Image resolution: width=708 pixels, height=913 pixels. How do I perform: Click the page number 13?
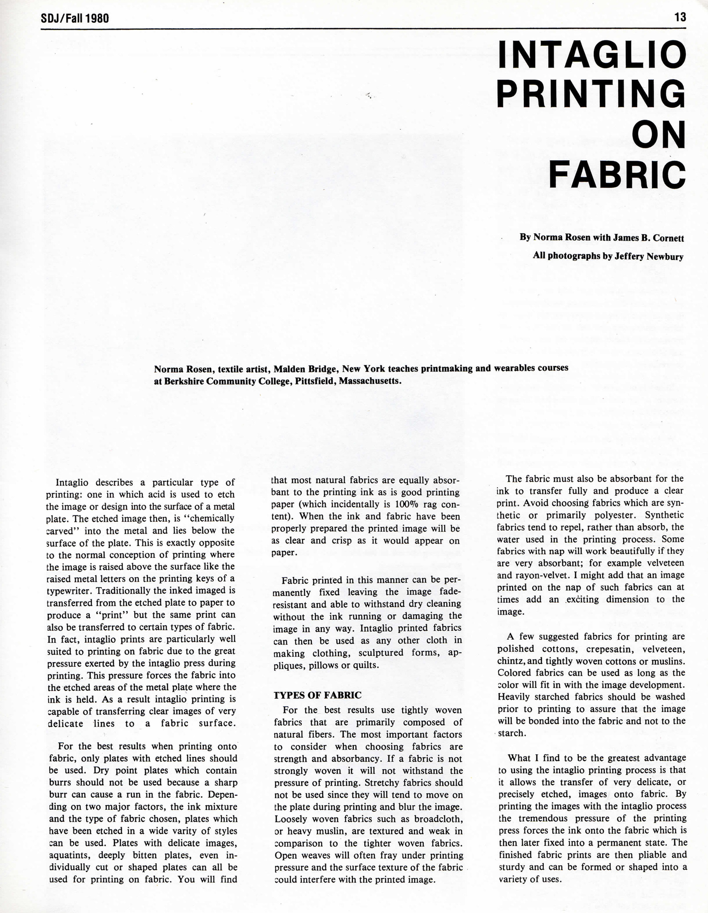(680, 17)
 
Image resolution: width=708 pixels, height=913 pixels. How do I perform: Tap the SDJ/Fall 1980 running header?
(75, 18)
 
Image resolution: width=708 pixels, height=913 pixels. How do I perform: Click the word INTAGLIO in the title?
(592, 55)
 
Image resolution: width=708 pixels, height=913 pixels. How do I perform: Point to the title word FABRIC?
(617, 175)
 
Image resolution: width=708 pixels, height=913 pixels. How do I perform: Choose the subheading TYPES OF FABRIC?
(317, 695)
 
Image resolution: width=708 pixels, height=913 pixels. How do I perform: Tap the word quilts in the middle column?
(364, 665)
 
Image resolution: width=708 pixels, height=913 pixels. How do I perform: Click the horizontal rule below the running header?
(363, 29)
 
